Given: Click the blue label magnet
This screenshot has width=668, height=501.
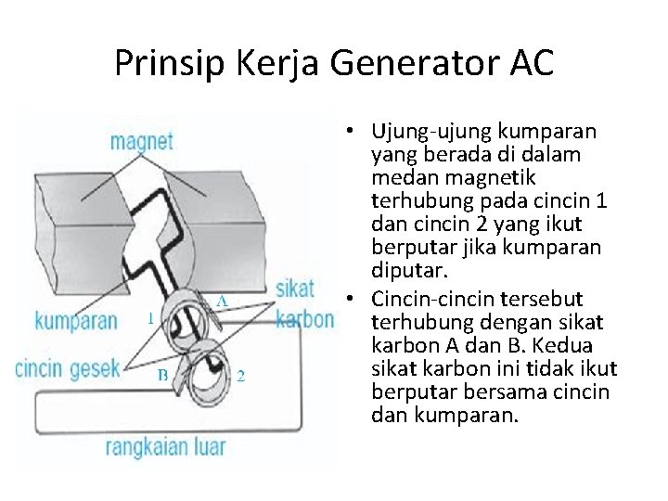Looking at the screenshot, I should pos(141,142).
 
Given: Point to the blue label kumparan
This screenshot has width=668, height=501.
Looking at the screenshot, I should pos(76,321).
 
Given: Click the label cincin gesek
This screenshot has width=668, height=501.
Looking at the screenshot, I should pos(68,367).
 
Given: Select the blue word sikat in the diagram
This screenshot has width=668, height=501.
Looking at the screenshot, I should pos(305,287).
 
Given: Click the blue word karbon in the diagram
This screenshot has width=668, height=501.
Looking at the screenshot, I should pos(305,319).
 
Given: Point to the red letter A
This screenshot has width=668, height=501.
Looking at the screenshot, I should pos(223,300).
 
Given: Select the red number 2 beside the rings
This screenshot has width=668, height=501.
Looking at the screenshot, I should pos(241,376).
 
